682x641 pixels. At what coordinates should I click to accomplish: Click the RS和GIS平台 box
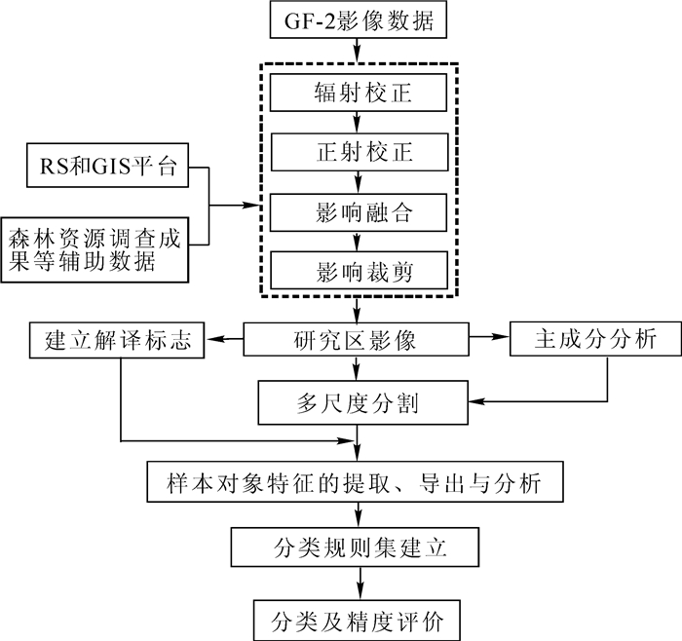pyautogui.click(x=102, y=167)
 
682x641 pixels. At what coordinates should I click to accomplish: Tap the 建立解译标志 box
pyautogui.click(x=116, y=341)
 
